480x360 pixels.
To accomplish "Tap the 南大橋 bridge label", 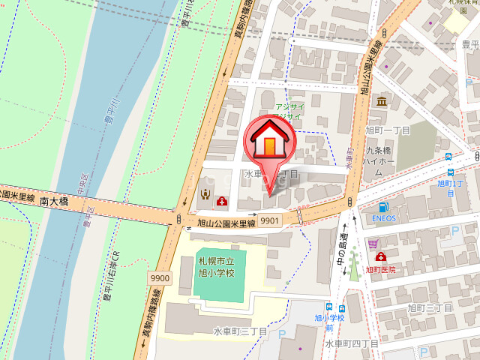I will click(x=55, y=202).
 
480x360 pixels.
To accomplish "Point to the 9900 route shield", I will click(x=159, y=277).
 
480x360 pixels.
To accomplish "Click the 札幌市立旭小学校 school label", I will click(x=216, y=267).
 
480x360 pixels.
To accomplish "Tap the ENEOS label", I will click(x=383, y=219).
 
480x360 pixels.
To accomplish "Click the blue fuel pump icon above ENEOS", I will click(x=383, y=206).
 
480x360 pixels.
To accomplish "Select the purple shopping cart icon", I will click(x=373, y=244).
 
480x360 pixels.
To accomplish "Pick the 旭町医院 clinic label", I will click(x=380, y=268).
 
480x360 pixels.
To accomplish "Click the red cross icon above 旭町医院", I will click(x=380, y=256).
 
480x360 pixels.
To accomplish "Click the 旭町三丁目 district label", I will click(x=430, y=307).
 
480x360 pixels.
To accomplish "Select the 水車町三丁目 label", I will click(x=240, y=331).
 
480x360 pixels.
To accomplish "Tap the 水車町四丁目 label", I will click(x=351, y=343).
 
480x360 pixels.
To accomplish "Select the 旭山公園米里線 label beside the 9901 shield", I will click(x=227, y=223).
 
